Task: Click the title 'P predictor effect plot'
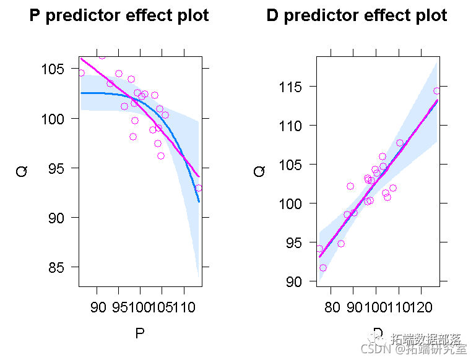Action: pyautogui.click(x=119, y=16)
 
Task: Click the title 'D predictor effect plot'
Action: pyautogui.click(x=357, y=16)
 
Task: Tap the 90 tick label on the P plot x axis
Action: pyautogui.click(x=98, y=307)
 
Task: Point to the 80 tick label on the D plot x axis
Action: pyautogui.click(x=332, y=307)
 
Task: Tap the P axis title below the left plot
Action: pyautogui.click(x=140, y=334)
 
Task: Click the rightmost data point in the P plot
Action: pyautogui.click(x=198, y=188)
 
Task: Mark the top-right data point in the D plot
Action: pyautogui.click(x=436, y=91)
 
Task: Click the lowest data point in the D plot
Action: pyautogui.click(x=323, y=268)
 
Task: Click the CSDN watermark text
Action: pyautogui.click(x=374, y=349)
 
